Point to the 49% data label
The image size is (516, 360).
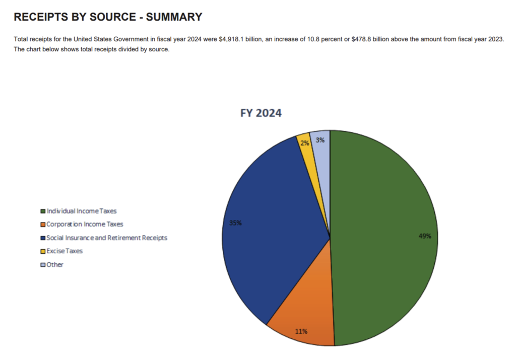425,236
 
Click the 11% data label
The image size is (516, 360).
301,331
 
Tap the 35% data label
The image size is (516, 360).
235,223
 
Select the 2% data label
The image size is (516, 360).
304,143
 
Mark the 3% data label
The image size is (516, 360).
320,140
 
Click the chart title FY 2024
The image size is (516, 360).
261,113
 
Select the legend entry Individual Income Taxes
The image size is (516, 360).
82,211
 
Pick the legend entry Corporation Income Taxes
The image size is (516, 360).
85,224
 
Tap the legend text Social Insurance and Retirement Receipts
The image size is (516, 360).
106,238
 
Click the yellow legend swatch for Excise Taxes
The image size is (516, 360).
43,251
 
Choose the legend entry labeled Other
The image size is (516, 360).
55,264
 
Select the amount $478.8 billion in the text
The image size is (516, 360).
363,39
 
